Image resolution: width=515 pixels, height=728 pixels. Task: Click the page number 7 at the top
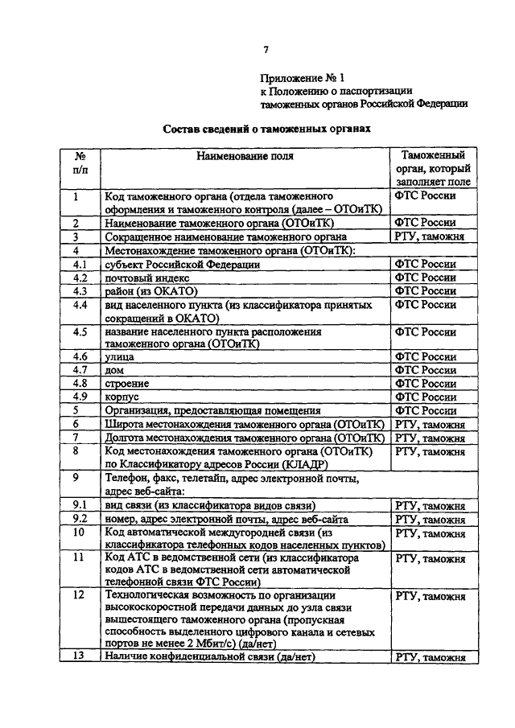pos(266,50)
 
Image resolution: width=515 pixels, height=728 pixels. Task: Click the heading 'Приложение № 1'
pos(301,79)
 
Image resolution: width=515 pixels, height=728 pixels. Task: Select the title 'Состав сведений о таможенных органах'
pos(266,127)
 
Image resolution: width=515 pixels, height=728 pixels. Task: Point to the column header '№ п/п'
pos(80,162)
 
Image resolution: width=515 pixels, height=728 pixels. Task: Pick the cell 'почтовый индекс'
pos(145,278)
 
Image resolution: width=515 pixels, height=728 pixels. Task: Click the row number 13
pos(79,656)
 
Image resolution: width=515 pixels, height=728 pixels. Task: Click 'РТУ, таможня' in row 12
pos(430,596)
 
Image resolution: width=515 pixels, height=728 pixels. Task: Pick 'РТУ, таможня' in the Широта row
pos(430,424)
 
